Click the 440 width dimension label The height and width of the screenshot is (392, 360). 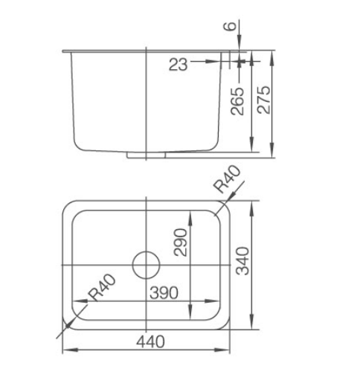point(150,341)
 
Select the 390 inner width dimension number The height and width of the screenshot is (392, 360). point(164,292)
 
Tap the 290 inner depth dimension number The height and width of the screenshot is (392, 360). point(181,242)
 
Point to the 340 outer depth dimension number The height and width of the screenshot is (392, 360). point(242,261)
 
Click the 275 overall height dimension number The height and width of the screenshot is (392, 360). point(264,100)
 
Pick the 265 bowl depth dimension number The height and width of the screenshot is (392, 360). point(237,101)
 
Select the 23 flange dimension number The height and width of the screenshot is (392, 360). point(178,64)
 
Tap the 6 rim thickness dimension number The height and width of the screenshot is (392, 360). point(230,26)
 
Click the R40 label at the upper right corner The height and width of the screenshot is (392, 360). point(228,179)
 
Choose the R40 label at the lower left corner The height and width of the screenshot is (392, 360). point(103,288)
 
